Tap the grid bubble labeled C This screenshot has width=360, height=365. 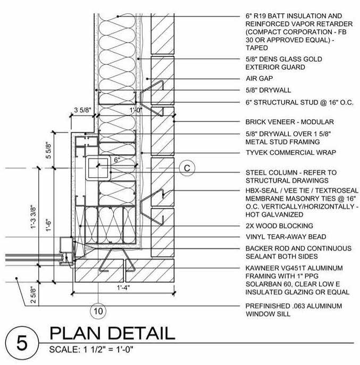point(187,168)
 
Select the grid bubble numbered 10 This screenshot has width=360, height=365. point(97,310)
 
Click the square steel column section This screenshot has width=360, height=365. point(98,169)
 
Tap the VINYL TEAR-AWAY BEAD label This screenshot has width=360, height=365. point(286,236)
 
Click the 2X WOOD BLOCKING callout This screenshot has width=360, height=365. point(279,226)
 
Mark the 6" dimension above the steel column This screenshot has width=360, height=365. point(116,160)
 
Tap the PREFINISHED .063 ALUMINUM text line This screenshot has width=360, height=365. point(293,305)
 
